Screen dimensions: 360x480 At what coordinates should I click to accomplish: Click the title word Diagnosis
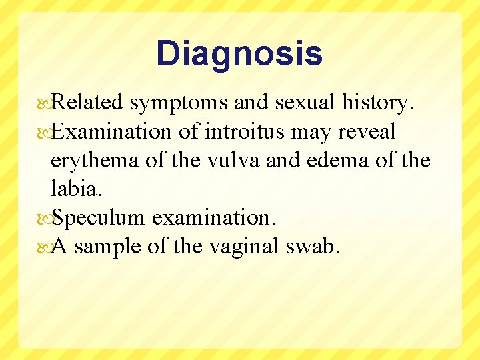point(239,55)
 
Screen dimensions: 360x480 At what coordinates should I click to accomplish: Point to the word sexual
point(305,103)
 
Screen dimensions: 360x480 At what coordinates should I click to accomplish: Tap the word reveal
point(367,132)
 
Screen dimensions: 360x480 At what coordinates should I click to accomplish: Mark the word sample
point(107,247)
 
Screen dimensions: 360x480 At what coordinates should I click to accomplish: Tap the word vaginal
point(243,247)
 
